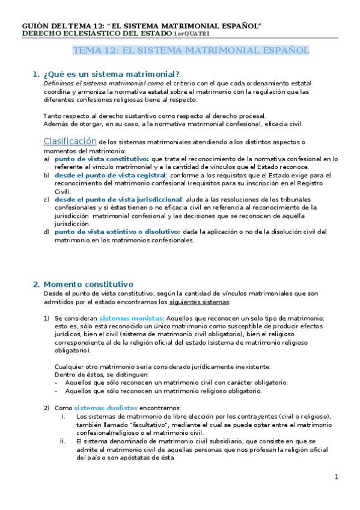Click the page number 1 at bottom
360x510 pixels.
(337, 477)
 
